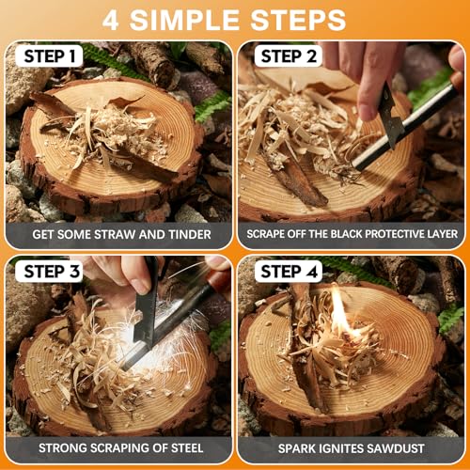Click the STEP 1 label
pyautogui.click(x=49, y=56)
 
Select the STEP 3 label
pyautogui.click(x=49, y=272)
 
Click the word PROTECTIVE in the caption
pyautogui.click(x=399, y=233)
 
